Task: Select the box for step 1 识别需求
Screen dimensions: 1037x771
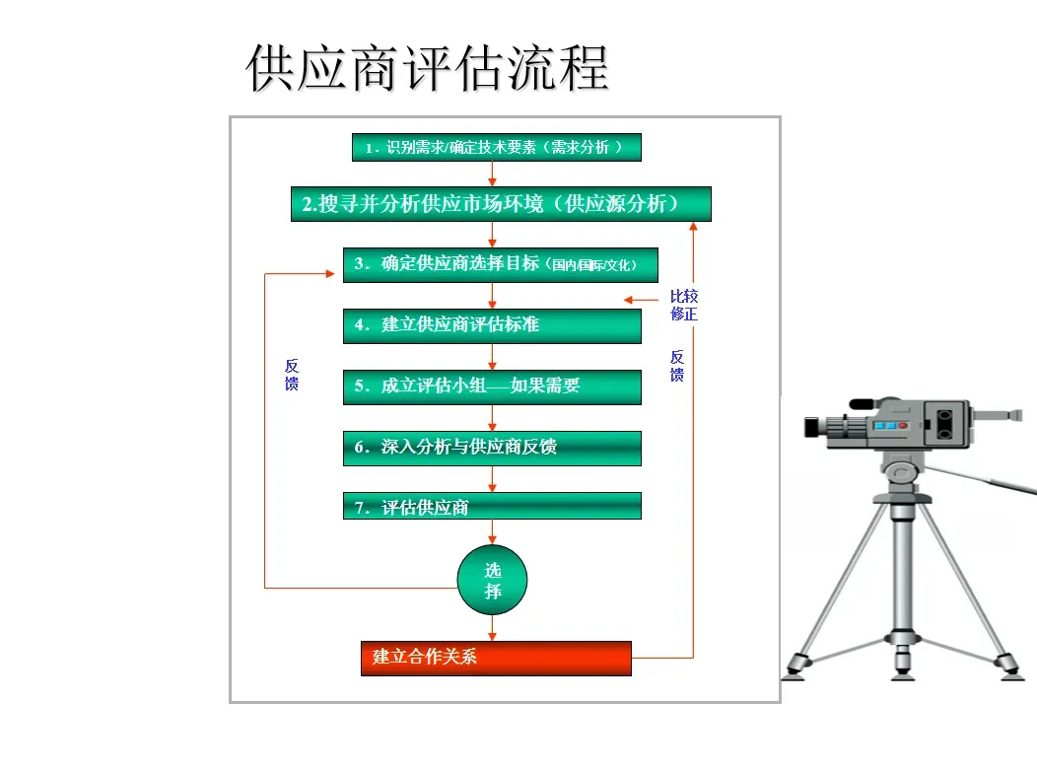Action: coord(496,148)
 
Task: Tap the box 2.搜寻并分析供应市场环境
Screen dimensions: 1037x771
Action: coord(501,204)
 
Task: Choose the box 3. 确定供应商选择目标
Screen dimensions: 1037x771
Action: coord(500,264)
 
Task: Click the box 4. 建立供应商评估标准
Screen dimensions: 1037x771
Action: coord(491,325)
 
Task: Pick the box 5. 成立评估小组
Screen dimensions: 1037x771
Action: coord(491,386)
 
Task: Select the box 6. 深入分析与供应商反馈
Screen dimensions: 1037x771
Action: coord(491,448)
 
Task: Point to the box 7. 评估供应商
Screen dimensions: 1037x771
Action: coord(491,507)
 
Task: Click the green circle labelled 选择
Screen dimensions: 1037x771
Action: coord(492,580)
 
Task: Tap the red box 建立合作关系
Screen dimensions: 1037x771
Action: coord(496,658)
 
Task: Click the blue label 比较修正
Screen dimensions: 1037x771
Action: coord(684,305)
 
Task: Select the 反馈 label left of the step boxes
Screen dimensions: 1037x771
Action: coord(292,375)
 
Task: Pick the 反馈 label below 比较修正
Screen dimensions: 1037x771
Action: coord(677,366)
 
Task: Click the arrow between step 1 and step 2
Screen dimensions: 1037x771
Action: coord(492,174)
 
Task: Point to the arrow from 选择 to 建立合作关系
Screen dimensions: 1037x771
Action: coord(492,628)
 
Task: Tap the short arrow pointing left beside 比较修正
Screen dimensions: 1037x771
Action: coord(641,300)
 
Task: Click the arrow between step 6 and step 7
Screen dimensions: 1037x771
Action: coord(492,479)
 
